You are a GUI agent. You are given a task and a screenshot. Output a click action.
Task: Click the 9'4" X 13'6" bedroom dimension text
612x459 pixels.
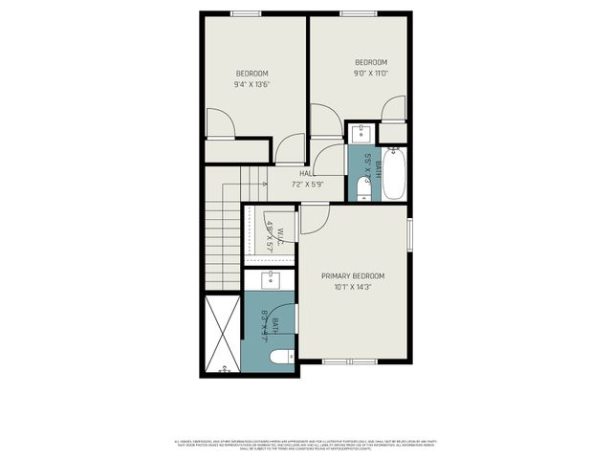coord(251,84)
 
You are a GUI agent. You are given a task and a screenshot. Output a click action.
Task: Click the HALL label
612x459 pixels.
coord(306,173)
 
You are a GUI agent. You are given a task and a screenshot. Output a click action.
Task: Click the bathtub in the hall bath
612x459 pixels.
coord(393,172)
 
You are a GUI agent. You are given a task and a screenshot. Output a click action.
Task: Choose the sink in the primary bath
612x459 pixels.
coord(272,279)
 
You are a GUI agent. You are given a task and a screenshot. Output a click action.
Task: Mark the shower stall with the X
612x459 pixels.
coord(221,334)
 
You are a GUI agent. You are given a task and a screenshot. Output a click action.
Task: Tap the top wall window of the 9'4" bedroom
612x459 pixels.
coord(244,13)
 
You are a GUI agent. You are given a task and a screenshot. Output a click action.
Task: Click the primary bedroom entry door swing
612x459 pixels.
coord(315,219)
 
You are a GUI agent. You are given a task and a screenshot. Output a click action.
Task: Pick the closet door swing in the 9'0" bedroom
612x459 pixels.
coord(393,110)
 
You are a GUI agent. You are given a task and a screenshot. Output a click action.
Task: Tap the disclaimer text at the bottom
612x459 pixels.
coord(306,444)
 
